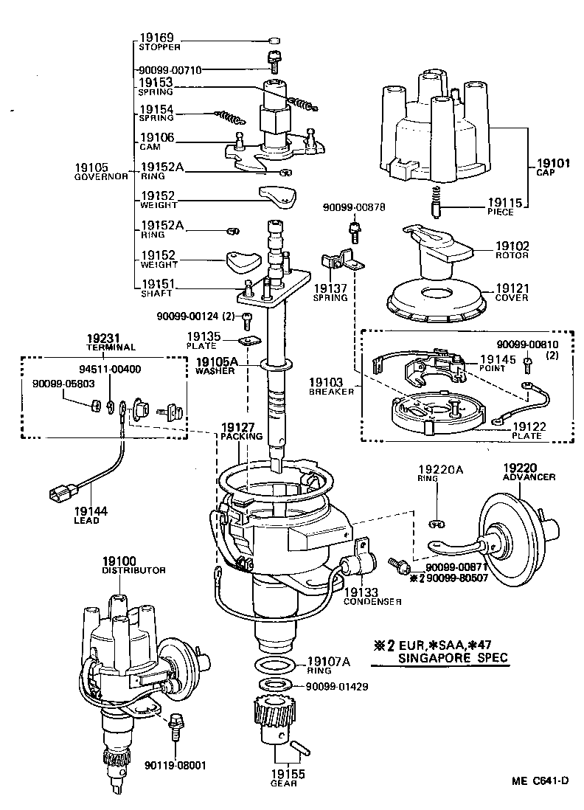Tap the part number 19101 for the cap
[x=549, y=164]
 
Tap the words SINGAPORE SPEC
[x=453, y=657]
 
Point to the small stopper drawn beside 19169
[x=274, y=40]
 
